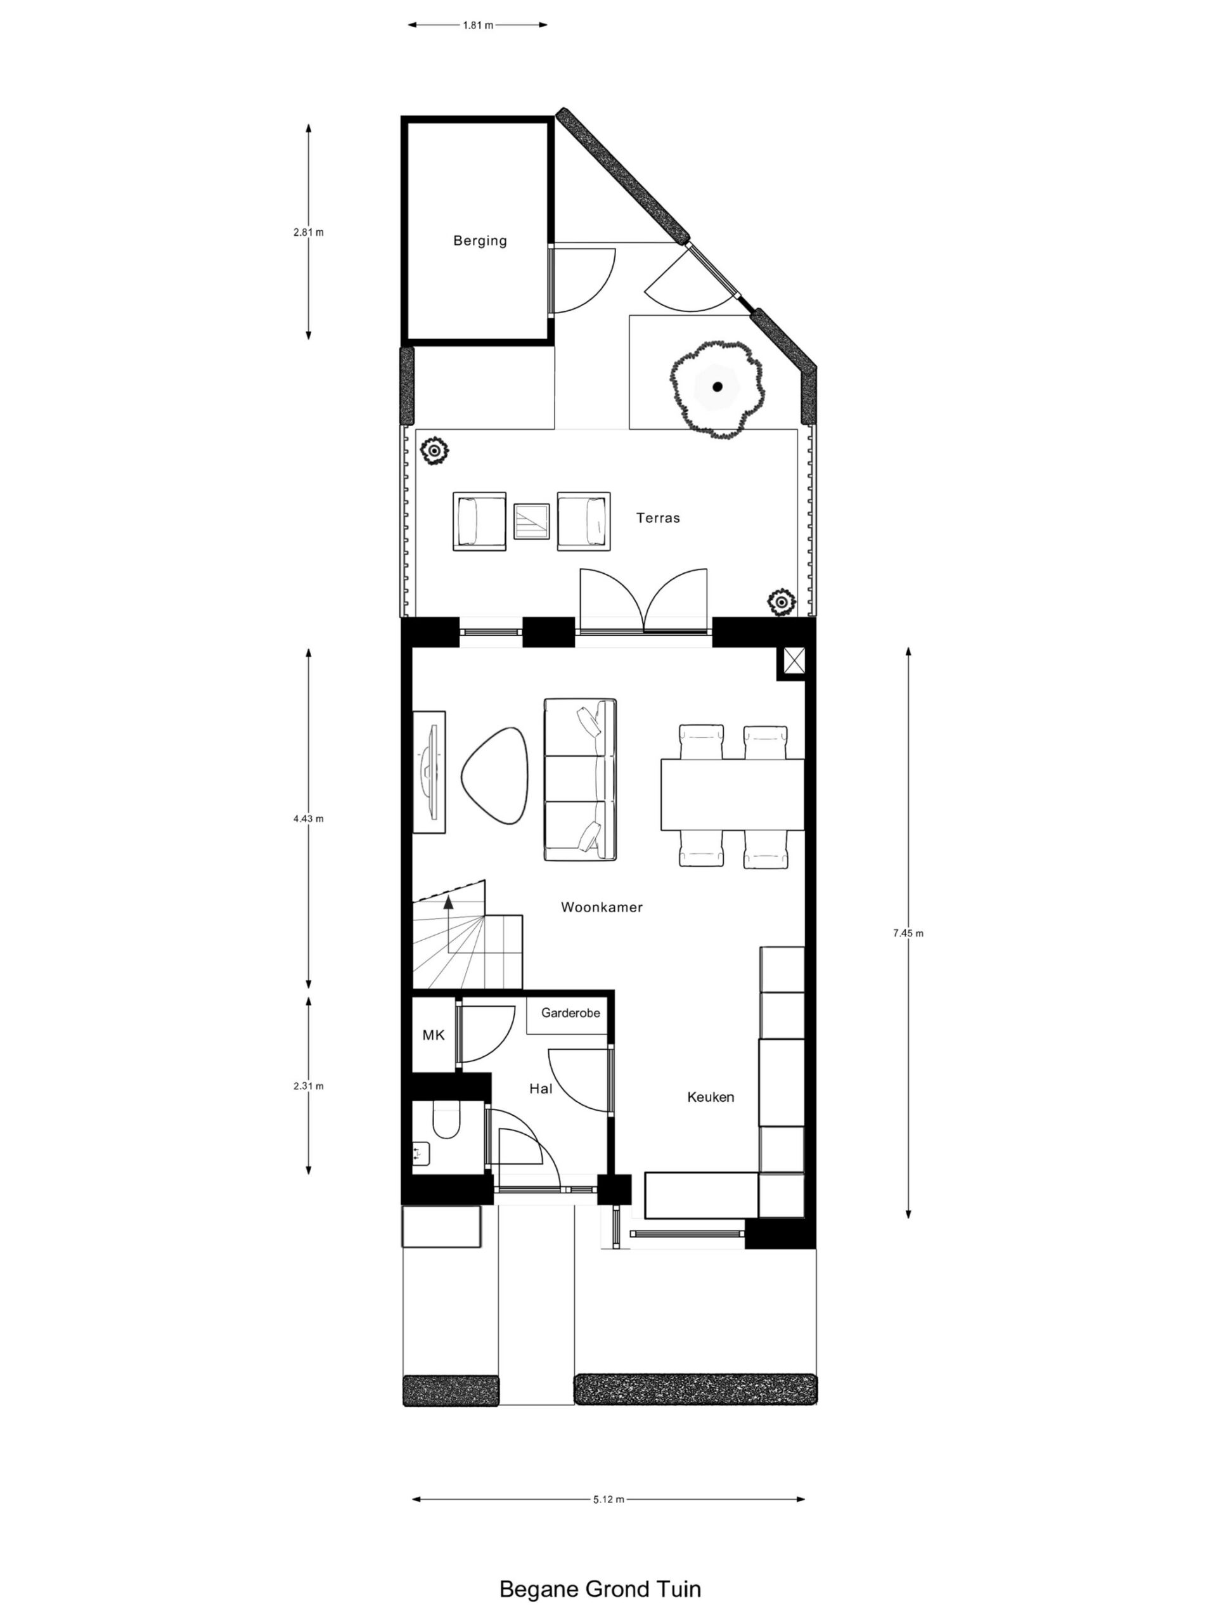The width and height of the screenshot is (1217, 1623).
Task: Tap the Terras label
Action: click(x=657, y=517)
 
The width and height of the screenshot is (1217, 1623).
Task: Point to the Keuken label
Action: click(x=710, y=1097)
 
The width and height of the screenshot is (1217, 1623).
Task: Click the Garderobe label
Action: click(x=570, y=1012)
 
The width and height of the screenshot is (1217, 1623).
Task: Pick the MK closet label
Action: click(x=434, y=1035)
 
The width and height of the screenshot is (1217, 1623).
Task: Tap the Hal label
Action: click(x=541, y=1089)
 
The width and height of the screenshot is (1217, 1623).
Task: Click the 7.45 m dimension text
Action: click(x=908, y=933)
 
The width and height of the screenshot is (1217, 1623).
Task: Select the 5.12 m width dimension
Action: click(x=608, y=1499)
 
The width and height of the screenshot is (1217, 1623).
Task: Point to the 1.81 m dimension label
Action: click(x=477, y=25)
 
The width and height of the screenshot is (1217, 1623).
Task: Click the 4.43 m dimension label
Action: click(x=308, y=818)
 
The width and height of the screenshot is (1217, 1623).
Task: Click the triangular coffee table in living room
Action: click(x=494, y=775)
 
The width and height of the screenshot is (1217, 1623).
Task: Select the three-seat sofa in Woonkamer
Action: click(x=579, y=779)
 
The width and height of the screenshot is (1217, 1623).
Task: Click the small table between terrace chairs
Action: click(x=531, y=521)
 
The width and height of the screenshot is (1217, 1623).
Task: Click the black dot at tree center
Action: click(x=718, y=387)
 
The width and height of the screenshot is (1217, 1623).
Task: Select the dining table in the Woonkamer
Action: click(x=732, y=794)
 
